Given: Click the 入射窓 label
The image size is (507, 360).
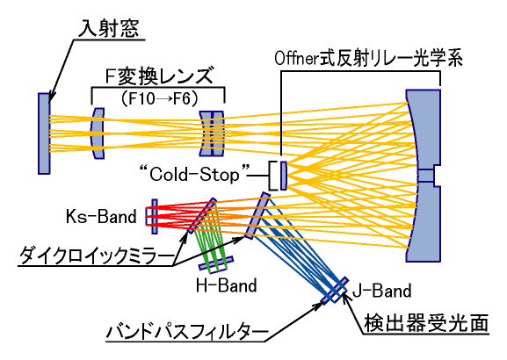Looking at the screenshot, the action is pos(109,28).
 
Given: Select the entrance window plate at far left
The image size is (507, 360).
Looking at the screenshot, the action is pos(44,133).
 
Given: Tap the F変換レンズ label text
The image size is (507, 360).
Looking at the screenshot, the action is pos(159,77).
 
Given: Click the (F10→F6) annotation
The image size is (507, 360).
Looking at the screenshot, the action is pos(159,98).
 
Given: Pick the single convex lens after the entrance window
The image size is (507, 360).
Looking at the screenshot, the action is pos(98,133).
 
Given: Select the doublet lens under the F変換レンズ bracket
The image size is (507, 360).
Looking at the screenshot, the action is pos(212,133).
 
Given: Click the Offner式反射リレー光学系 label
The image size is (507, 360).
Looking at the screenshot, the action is pos(369,59).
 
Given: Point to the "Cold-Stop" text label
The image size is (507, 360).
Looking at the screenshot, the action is pos(195,175).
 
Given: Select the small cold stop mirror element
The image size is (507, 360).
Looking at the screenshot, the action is pos(283,176).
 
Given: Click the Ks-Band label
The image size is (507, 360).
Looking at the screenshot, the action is pos(101,216).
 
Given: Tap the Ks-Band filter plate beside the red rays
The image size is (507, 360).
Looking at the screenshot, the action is pos(155,217).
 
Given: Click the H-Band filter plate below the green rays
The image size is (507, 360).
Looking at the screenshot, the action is pos(216,263).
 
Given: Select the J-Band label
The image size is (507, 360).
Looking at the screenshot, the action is pos(381,291).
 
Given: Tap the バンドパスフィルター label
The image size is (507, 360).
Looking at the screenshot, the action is pos(187,332).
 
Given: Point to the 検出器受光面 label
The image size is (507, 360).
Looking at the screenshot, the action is pos(426,323).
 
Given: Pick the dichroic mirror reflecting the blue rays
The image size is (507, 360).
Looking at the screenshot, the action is pos(257,215).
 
